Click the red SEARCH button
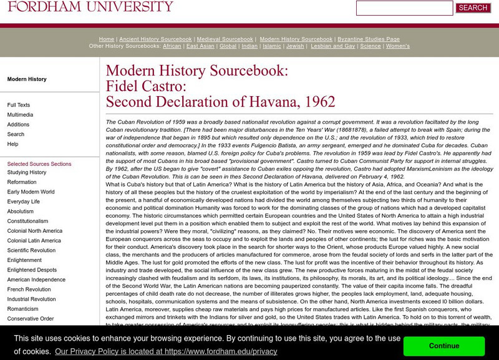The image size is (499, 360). (473, 8)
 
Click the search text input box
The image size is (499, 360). (404, 8)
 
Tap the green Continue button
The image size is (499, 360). (444, 346)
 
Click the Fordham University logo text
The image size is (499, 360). (90, 7)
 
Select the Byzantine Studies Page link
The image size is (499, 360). (368, 39)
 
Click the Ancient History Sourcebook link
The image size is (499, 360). (155, 39)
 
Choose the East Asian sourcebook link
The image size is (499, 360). (200, 46)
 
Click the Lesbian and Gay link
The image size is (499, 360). (332, 46)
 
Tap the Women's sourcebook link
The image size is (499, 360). (398, 46)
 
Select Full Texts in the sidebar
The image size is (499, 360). (19, 105)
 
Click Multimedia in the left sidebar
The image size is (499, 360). (20, 115)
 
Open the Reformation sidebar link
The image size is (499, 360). (22, 182)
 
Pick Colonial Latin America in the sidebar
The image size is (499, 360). (34, 241)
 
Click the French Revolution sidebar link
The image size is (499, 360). (29, 289)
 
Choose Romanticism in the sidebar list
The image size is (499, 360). (23, 309)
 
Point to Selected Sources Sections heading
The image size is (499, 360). (39, 164)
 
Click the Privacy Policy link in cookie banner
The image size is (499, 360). (166, 352)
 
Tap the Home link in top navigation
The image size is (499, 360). (107, 39)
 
